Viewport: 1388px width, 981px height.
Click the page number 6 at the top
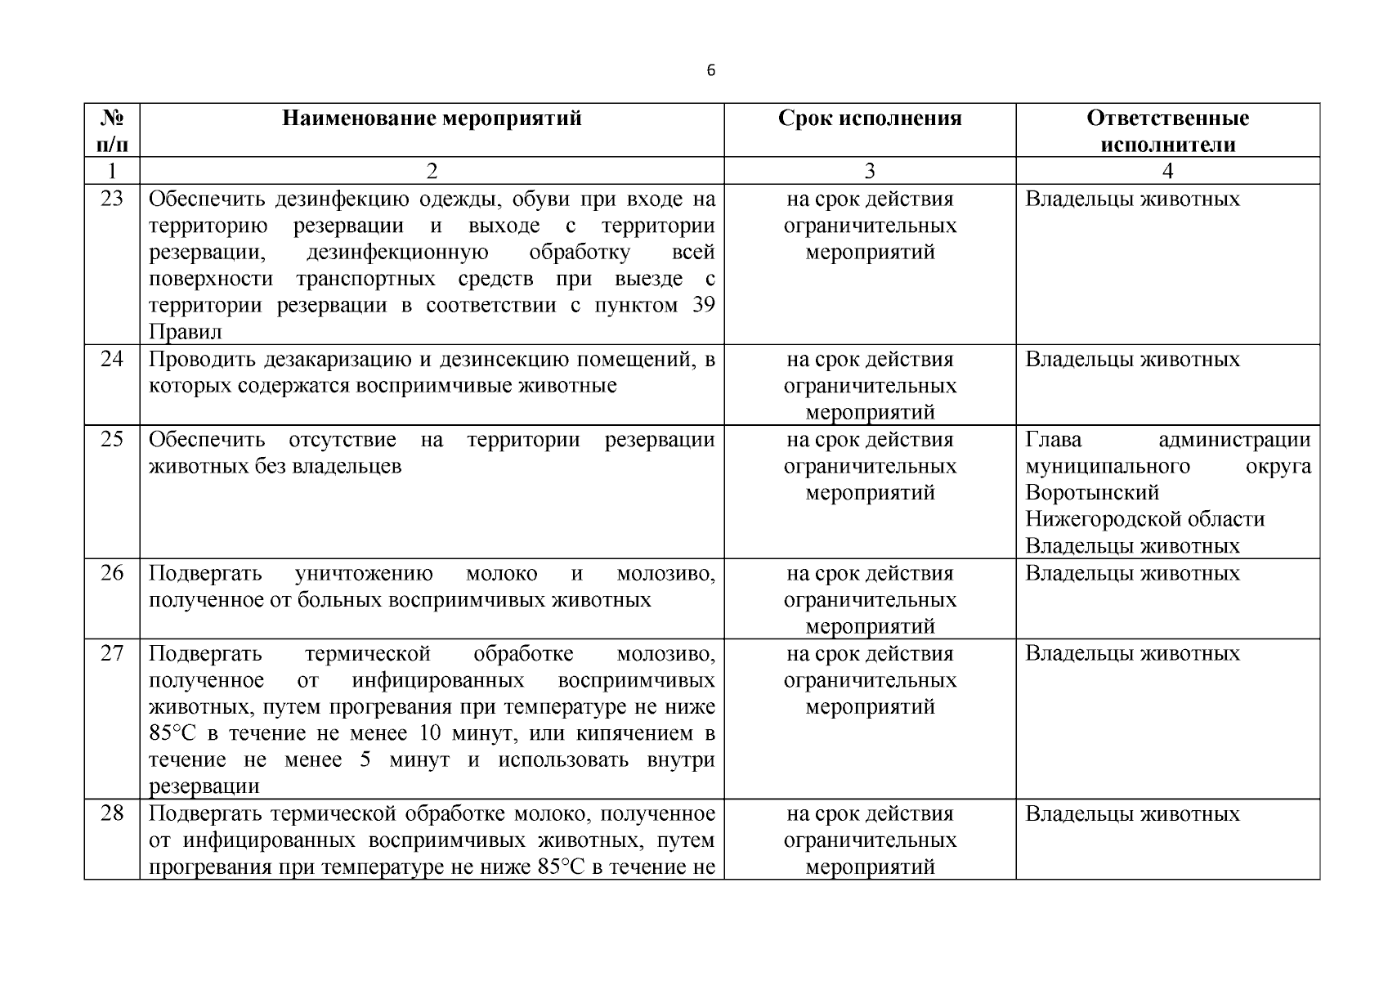(x=710, y=71)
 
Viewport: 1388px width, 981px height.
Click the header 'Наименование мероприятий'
(x=432, y=119)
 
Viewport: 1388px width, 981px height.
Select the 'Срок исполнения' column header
(x=870, y=119)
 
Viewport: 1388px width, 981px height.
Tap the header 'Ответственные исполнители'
(x=1167, y=132)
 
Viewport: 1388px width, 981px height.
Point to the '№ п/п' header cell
(x=112, y=132)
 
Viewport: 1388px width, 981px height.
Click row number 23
(x=112, y=199)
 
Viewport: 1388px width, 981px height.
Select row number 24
(x=112, y=359)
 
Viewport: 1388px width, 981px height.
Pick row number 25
(x=112, y=439)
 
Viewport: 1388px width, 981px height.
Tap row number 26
(x=112, y=573)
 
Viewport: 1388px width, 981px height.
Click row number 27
(x=112, y=653)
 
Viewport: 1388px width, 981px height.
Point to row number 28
(x=112, y=813)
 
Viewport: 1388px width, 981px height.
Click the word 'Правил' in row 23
(x=186, y=332)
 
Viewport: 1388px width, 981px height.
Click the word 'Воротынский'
(x=1092, y=493)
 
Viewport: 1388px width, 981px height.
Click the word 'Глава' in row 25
(x=1054, y=440)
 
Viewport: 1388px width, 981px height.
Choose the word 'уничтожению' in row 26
(x=364, y=574)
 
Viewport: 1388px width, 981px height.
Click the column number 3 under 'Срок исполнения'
(x=870, y=171)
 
